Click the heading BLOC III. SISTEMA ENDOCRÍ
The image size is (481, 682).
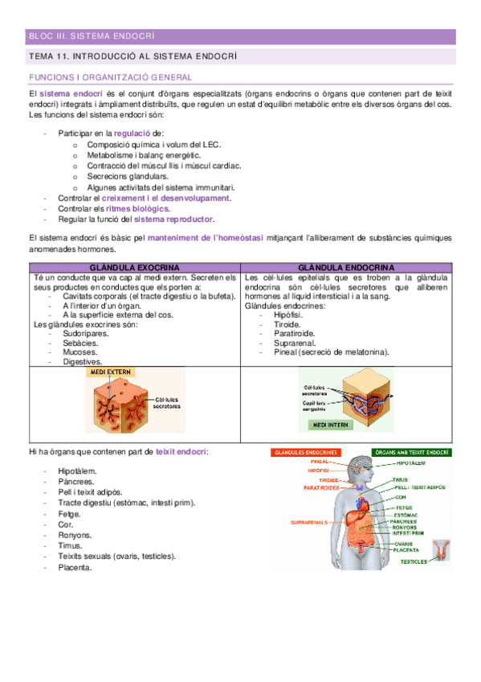click(91, 36)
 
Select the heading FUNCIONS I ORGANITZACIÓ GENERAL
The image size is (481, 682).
click(110, 77)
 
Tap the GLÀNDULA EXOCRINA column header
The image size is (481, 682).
click(134, 267)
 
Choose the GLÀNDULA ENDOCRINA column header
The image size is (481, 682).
click(346, 267)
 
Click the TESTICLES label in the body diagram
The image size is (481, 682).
click(414, 561)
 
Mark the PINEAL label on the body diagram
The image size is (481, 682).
click(321, 463)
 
